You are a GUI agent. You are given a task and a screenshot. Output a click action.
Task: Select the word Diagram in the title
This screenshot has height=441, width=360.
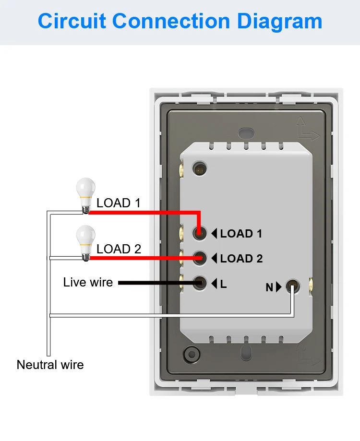click(279, 22)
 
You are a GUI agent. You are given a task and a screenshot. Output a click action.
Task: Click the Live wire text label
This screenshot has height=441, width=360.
click(88, 282)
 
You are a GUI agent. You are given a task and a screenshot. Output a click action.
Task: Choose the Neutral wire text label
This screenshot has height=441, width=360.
click(50, 365)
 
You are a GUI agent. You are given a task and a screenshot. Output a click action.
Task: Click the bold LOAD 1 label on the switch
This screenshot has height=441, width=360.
click(241, 234)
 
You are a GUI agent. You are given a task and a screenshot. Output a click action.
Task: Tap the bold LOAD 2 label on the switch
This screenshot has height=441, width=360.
click(241, 259)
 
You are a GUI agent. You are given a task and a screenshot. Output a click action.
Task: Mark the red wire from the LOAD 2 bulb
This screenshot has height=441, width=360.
click(144, 258)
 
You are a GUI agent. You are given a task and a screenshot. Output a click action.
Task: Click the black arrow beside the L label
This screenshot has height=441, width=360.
click(214, 284)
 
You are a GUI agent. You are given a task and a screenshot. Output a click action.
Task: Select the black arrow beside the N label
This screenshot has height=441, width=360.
click(279, 287)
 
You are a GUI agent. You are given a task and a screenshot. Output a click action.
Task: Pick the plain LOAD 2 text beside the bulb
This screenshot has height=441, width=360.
click(119, 249)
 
